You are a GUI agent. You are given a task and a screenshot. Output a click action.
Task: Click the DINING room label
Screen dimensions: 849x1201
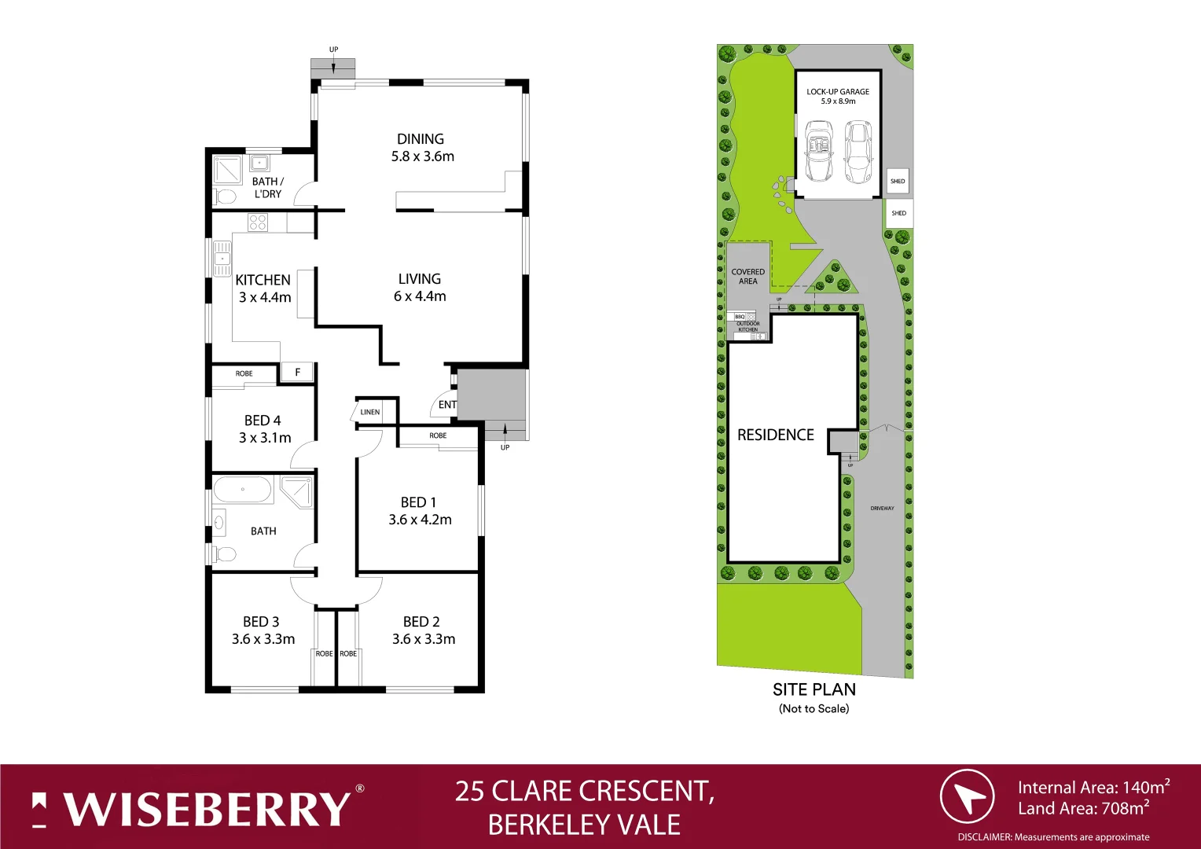(x=420, y=139)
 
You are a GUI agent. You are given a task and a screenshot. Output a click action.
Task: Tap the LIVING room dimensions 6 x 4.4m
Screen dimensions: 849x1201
(x=420, y=296)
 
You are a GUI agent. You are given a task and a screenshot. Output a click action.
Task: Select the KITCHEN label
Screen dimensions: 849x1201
(x=263, y=280)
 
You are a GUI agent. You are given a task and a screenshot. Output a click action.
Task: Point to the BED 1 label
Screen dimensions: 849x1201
(x=418, y=502)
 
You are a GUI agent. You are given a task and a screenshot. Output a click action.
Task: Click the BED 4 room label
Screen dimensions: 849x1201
(x=263, y=421)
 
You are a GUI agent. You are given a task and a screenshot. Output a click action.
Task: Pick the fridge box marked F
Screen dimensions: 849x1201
(x=297, y=373)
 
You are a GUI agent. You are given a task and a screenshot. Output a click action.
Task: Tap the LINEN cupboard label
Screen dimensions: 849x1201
(x=369, y=412)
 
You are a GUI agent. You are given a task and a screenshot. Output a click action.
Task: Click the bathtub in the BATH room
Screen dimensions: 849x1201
(x=243, y=490)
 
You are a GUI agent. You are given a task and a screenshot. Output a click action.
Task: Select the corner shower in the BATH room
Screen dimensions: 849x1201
(x=298, y=491)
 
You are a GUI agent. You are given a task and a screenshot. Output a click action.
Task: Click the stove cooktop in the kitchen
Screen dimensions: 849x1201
(x=258, y=222)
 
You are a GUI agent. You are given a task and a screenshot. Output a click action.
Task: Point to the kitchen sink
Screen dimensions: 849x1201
(x=222, y=259)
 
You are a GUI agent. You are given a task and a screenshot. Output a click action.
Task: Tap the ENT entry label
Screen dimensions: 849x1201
(x=447, y=405)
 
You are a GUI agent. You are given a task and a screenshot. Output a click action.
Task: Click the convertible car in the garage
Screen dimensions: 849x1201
(x=819, y=151)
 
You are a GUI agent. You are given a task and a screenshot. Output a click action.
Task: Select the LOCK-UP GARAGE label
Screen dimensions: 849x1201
(x=838, y=92)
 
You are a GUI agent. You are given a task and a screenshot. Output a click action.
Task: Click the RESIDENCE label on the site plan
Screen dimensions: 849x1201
(x=775, y=435)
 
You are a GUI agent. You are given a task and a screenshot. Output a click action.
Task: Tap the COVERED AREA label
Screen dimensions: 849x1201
(x=747, y=276)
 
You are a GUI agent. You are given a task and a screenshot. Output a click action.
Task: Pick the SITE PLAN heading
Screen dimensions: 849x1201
(x=814, y=689)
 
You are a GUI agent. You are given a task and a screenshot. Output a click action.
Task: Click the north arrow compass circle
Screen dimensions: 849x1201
(x=967, y=797)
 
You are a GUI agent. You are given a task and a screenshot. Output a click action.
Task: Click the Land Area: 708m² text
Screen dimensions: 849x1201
(x=1083, y=808)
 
